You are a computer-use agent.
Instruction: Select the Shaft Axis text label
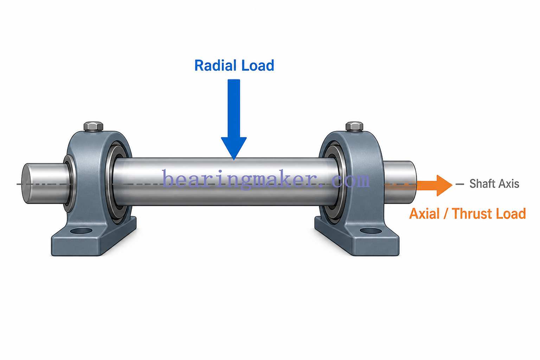[x=494, y=184]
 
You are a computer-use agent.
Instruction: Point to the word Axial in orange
[x=424, y=214]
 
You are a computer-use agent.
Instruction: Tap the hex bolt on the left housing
[x=94, y=127]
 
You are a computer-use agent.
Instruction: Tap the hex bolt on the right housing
[x=354, y=127]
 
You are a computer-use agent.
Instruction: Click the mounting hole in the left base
[x=81, y=231]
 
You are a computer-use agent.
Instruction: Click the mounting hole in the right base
[x=371, y=231]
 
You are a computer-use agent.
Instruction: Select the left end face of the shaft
[x=27, y=184]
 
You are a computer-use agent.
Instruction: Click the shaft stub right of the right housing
[x=400, y=182]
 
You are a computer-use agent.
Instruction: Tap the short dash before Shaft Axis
[x=460, y=184]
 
